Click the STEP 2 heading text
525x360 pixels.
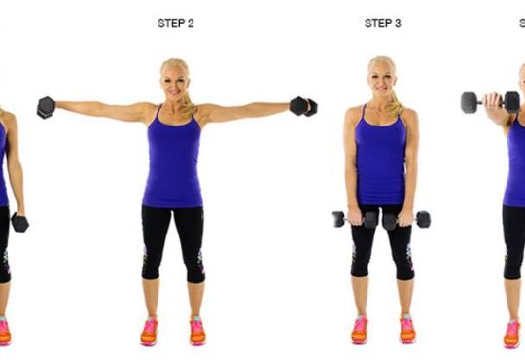[175, 23]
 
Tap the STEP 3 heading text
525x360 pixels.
[382, 23]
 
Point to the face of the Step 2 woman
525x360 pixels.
[174, 84]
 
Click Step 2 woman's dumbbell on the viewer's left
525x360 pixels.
[46, 107]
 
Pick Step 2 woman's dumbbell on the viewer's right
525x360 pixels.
[303, 106]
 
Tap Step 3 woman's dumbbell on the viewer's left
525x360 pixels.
[356, 220]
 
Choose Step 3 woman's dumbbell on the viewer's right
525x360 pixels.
[406, 220]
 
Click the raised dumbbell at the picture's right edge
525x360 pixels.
[491, 102]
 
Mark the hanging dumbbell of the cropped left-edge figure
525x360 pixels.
[19, 222]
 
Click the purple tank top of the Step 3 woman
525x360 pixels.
[381, 157]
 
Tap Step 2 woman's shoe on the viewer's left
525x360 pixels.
[149, 332]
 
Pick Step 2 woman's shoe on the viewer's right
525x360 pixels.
[197, 331]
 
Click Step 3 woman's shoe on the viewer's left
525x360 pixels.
[360, 330]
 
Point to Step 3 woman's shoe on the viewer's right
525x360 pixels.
[407, 329]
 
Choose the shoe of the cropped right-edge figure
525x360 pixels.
[512, 334]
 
